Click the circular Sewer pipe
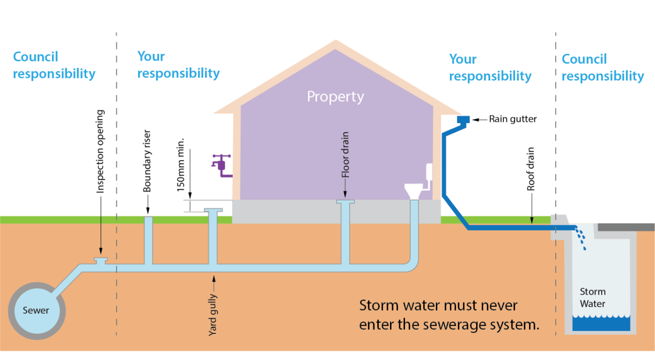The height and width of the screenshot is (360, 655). coord(36,310)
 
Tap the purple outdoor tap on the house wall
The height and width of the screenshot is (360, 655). coord(220,165)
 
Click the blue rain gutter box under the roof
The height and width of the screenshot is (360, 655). coord(463,120)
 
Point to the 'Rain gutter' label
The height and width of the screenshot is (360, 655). coord(513,119)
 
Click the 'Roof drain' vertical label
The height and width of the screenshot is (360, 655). coord(531,169)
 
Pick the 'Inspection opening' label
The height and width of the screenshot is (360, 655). coord(101,151)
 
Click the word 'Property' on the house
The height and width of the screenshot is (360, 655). coord(336,96)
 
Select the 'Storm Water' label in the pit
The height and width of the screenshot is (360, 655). coord(593,298)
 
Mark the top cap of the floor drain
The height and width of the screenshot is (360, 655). coord(346,202)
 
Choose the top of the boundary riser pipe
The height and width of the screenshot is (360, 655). coord(149,218)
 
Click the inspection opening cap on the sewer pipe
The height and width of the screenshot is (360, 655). coord(101,261)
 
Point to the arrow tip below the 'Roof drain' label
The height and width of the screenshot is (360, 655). coord(532,222)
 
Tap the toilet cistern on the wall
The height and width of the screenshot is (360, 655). coord(430,172)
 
